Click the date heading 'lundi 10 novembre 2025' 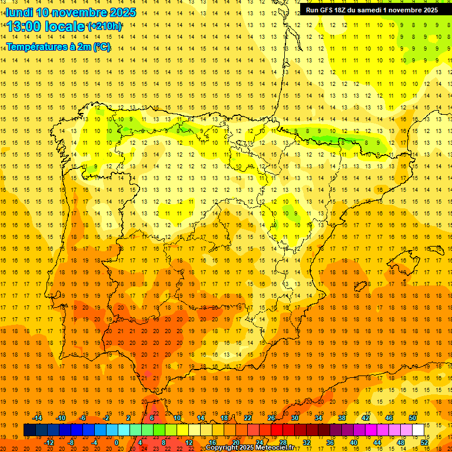click(71, 12)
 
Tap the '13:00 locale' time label click(46, 26)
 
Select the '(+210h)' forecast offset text click(105, 26)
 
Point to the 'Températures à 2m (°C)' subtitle click(58, 47)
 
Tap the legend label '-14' click(38, 418)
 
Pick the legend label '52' click(424, 442)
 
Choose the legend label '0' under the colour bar click(116, 442)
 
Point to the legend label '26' click(271, 418)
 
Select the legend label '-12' click(49, 442)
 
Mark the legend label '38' click(342, 418)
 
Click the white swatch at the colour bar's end click(418, 430)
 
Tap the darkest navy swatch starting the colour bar click(29, 430)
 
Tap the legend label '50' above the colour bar click(413, 418)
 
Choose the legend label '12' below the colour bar click(190, 442)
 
